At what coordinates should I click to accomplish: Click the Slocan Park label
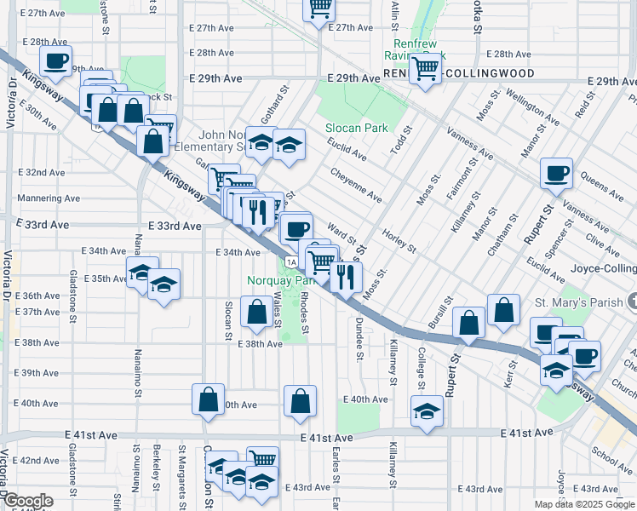(356, 129)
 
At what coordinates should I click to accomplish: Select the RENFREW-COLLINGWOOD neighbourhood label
(459, 74)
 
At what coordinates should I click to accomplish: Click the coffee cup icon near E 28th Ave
(56, 60)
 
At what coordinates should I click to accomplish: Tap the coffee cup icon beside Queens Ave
(556, 173)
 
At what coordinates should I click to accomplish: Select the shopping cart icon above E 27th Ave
(319, 9)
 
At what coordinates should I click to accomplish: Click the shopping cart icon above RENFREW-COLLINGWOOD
(424, 67)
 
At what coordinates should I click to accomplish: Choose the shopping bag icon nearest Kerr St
(503, 310)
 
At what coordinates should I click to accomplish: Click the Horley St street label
(399, 241)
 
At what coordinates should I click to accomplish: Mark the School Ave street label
(613, 458)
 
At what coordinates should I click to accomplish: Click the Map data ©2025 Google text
(583, 504)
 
